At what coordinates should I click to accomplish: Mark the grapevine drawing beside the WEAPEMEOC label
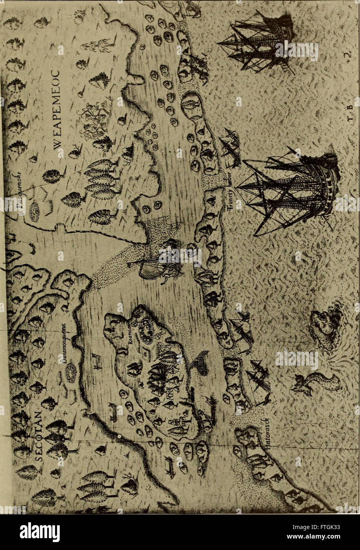point(93,119)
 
